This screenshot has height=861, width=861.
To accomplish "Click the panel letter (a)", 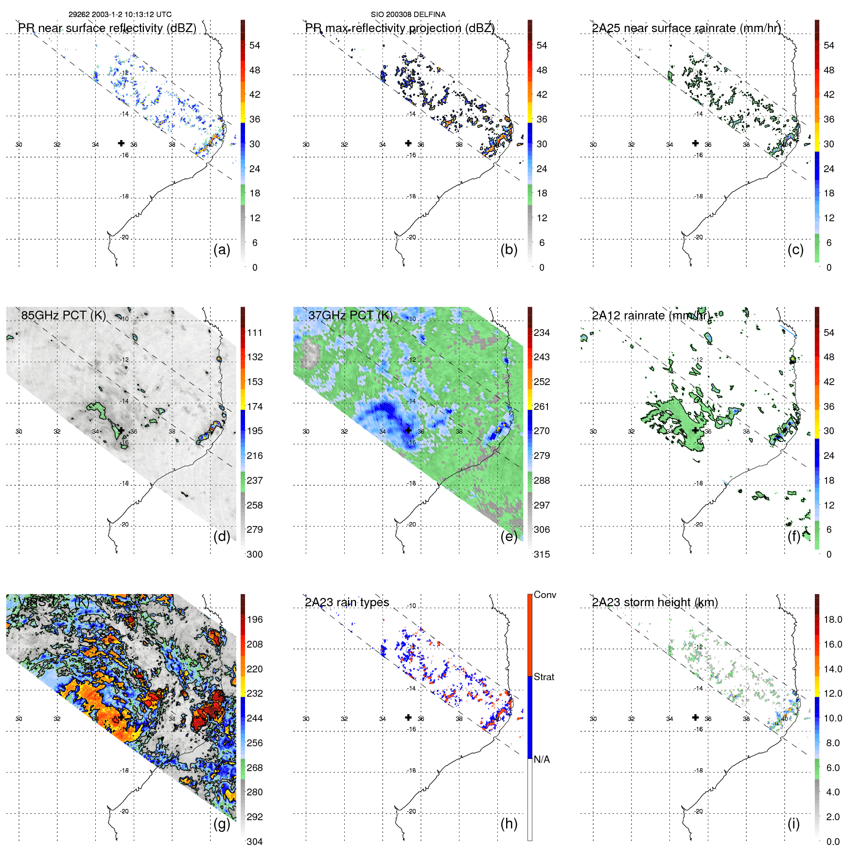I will [221, 250].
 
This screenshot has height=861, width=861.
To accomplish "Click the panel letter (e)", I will [509, 537].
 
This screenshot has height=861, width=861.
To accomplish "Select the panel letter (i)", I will [793, 824].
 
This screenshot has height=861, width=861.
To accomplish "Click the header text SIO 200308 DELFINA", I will [408, 15].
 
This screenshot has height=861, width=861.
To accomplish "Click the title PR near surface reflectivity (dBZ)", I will [107, 28].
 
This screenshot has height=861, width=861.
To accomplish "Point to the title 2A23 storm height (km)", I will [655, 602].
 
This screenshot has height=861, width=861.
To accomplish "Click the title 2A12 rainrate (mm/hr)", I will [650, 316].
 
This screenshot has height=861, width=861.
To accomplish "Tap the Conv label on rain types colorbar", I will [545, 595].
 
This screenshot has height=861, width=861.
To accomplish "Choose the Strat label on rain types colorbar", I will [544, 677].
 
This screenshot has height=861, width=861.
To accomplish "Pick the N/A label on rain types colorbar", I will [542, 759].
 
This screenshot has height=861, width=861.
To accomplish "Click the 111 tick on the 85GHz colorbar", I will [255, 333].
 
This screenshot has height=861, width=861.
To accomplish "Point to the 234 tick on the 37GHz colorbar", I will [542, 333].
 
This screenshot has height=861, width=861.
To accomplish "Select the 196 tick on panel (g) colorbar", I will [255, 619].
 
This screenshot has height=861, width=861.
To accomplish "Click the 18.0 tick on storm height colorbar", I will [833, 619].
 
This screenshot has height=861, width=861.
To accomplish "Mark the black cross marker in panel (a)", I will [121, 143].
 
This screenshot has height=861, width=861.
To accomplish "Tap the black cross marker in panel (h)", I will [408, 718].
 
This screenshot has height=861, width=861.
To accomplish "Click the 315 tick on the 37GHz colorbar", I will [542, 554].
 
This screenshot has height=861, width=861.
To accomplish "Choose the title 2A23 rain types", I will [347, 602].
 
